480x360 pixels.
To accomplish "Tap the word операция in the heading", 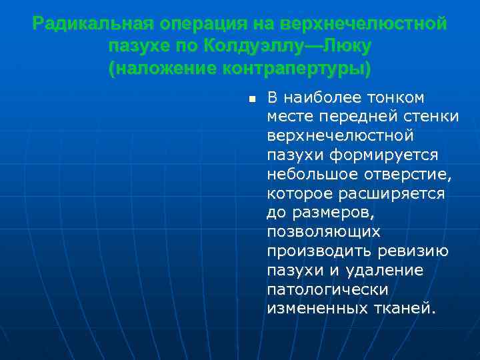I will pyautogui.click(x=203, y=25).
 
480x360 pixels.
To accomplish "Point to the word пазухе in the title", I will pyautogui.click(x=141, y=47).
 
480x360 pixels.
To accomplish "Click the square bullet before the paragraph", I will pyautogui.click(x=251, y=99).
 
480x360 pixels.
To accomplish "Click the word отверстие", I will pyautogui.click(x=406, y=175).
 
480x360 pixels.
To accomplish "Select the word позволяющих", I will pyautogui.click(x=323, y=232).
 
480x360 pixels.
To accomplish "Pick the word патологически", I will pyautogui.click(x=327, y=290).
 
